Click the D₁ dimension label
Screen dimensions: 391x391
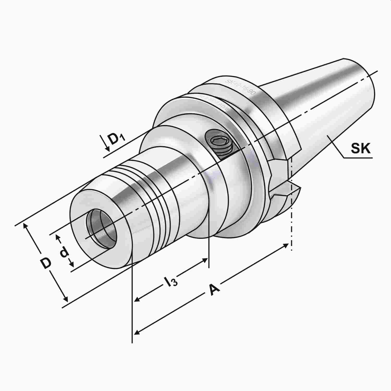117,140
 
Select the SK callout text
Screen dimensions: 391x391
361,149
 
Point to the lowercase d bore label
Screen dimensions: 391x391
64,253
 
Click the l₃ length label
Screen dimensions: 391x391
171,282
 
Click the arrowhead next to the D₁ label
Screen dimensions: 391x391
107,148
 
